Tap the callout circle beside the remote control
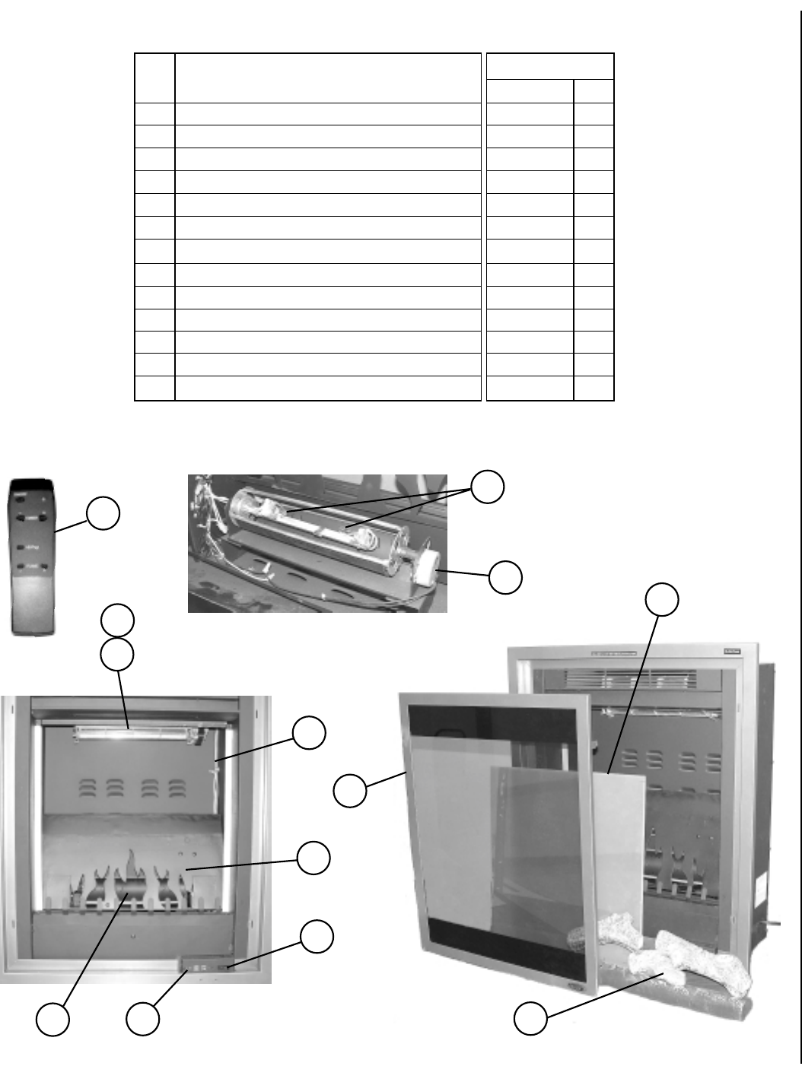click(102, 513)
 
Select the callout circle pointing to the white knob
click(505, 578)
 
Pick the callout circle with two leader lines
click(488, 486)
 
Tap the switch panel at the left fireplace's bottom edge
click(205, 967)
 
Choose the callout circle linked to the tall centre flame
click(53, 1019)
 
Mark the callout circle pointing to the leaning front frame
click(350, 791)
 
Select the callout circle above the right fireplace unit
click(662, 599)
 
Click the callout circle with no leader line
click(118, 620)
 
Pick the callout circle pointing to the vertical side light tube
click(310, 732)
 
